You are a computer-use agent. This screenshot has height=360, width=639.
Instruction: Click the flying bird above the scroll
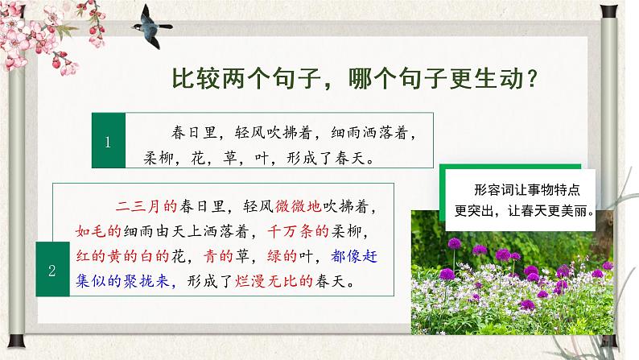(x=150, y=27)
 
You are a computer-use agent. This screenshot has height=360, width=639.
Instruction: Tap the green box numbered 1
(x=109, y=141)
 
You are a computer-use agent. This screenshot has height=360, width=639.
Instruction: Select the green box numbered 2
(x=52, y=269)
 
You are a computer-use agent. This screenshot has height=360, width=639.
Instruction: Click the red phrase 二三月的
(x=146, y=206)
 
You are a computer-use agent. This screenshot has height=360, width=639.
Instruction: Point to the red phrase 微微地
(x=299, y=206)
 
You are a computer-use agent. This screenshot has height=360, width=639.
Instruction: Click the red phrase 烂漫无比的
(x=274, y=281)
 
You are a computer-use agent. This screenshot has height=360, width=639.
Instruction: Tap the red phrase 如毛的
(x=99, y=232)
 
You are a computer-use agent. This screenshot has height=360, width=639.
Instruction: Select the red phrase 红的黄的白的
(x=122, y=256)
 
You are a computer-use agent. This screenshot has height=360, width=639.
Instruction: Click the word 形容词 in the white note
(x=493, y=189)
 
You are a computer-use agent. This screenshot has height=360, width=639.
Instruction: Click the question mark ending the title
(x=532, y=79)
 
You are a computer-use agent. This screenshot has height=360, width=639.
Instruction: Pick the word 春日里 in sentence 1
(x=194, y=133)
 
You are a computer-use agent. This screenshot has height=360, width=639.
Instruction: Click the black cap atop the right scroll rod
(x=609, y=11)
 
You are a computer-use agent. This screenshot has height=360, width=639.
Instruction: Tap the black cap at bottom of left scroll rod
(x=16, y=341)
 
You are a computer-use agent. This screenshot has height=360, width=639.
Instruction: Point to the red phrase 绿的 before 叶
(x=282, y=256)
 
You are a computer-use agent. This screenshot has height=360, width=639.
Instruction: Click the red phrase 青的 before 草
(x=219, y=256)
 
